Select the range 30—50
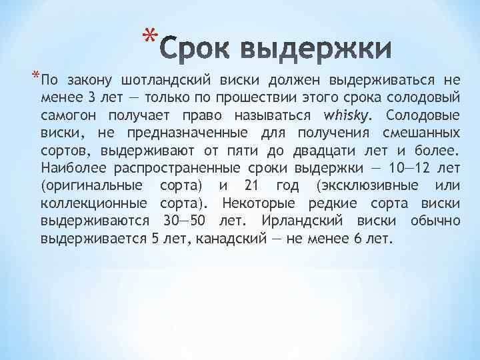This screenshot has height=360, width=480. pos(185,219)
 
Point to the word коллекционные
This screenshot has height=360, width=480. pos(93,202)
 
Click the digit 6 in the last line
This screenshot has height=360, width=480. pos(359,237)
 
